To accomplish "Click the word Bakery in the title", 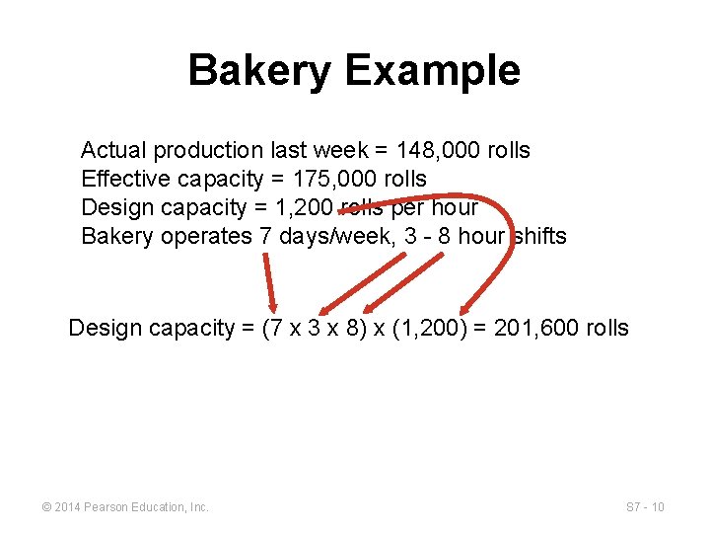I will pyautogui.click(x=259, y=71).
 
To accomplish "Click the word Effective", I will pyautogui.click(x=125, y=180).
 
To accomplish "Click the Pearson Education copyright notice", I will pyautogui.click(x=125, y=507).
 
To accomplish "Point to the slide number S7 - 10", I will pyautogui.click(x=645, y=507).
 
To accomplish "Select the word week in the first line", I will pyautogui.click(x=338, y=151).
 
